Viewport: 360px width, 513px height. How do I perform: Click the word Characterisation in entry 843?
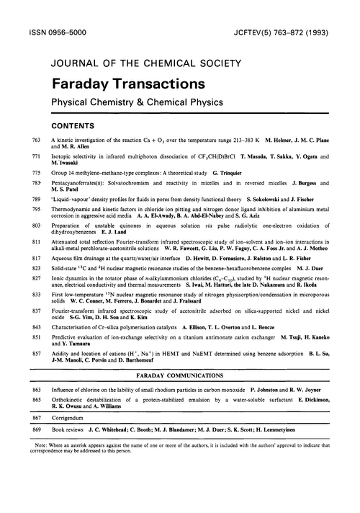(74, 379)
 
